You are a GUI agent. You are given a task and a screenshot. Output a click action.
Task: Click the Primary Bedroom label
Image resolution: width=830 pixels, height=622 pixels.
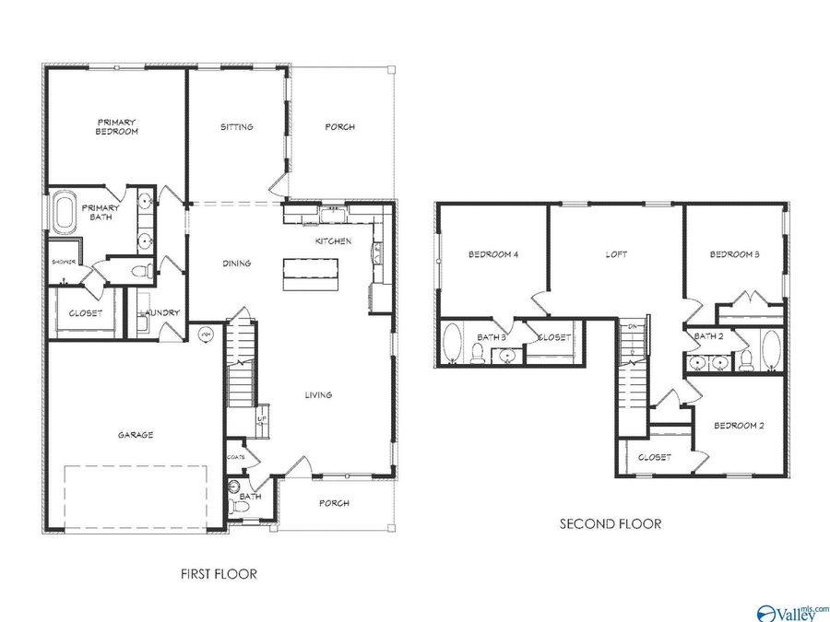[x=117, y=126]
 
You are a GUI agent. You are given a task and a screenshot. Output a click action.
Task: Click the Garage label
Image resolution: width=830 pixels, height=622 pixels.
[x=135, y=435]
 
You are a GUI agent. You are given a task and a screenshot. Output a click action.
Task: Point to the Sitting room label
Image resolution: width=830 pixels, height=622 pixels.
[x=237, y=127]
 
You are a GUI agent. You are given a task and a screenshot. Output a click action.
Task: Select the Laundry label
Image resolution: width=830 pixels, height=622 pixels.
[x=160, y=313]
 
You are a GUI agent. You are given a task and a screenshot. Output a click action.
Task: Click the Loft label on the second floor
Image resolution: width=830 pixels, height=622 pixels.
[x=616, y=254]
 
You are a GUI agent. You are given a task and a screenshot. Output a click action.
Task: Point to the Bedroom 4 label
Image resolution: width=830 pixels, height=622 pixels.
[x=492, y=254]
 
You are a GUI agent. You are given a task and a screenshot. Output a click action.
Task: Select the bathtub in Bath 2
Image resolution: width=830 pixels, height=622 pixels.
[x=771, y=351]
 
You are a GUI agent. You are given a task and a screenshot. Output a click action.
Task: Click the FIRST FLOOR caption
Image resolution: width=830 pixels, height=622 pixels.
[x=218, y=573]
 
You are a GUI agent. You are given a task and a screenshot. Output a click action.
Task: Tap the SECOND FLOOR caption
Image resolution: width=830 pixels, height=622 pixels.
[x=611, y=523]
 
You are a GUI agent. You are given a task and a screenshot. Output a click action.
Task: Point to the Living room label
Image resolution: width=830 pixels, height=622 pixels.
[x=319, y=395]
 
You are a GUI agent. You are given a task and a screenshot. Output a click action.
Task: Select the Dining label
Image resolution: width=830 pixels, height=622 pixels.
[x=237, y=264]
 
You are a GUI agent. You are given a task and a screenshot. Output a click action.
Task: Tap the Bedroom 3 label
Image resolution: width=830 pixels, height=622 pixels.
[x=735, y=254]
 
